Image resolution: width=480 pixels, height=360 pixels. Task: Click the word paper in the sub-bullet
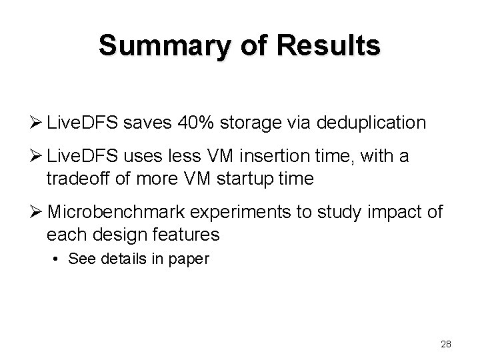coord(192,259)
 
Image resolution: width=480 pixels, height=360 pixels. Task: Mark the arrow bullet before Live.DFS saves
coord(36,123)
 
